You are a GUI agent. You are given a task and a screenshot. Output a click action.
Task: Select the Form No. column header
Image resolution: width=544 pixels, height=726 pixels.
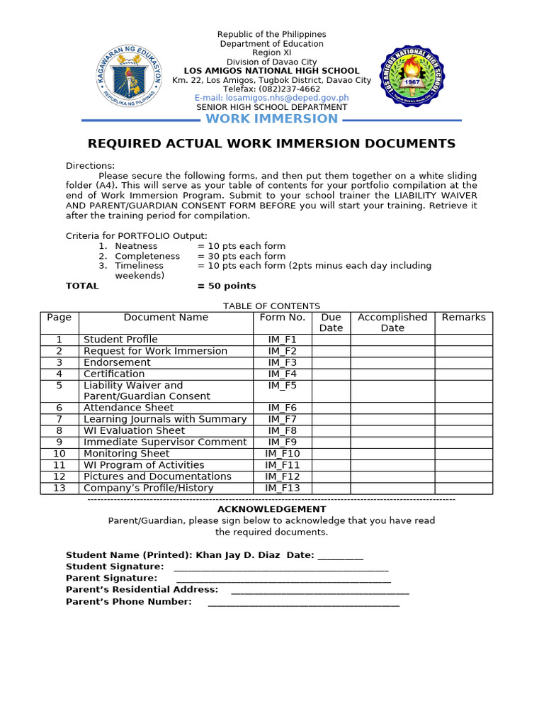tap(282, 318)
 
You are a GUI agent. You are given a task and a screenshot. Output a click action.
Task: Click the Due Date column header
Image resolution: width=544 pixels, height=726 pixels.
tap(331, 323)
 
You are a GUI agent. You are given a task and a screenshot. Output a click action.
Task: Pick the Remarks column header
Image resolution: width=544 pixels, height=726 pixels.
tap(463, 318)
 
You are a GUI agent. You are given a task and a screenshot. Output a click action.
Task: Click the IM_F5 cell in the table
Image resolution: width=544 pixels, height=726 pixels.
tap(282, 386)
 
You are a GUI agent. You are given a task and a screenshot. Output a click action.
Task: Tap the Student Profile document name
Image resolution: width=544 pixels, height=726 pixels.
tap(120, 340)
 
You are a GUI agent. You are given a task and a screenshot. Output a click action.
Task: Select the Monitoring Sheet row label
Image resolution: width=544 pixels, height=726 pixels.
tap(126, 454)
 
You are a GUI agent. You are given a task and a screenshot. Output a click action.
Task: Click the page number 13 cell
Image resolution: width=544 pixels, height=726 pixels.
tap(59, 488)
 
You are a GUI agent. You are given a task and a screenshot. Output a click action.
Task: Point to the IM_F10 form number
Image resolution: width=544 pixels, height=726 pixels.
tap(282, 454)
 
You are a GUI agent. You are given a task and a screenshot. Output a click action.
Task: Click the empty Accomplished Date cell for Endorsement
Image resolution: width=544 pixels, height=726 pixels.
tap(392, 362)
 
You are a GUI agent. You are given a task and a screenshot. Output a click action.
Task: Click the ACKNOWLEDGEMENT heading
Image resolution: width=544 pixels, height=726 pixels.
tap(271, 509)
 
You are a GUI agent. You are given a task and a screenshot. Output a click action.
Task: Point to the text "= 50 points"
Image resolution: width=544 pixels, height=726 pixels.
tap(227, 286)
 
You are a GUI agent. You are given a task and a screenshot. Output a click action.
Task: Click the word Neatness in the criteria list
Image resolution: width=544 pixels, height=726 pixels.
tap(136, 246)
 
